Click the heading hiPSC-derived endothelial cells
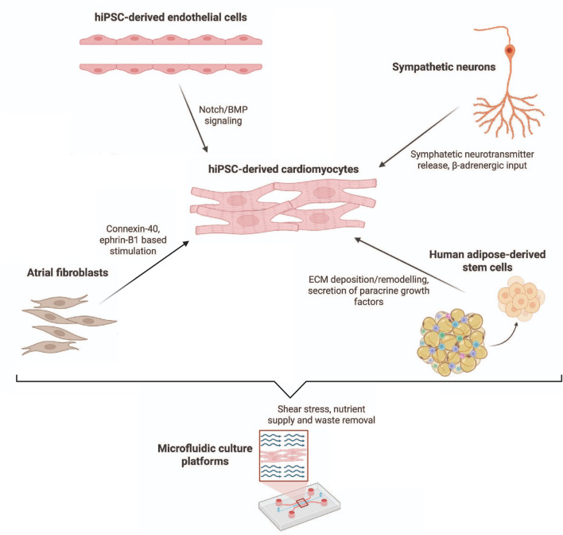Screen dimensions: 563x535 [x=170, y=18]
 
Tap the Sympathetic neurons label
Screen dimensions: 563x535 [x=444, y=67]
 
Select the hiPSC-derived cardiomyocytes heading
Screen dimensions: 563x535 [x=283, y=169]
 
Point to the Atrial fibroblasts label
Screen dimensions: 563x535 [x=68, y=272]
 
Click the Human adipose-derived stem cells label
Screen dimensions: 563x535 [x=487, y=260]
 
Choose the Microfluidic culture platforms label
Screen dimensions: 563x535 [x=205, y=455]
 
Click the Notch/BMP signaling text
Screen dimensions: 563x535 [x=223, y=115]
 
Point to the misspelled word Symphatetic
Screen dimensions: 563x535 [x=436, y=154]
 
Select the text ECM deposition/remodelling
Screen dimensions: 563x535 [x=368, y=279]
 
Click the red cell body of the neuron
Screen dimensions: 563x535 [x=509, y=51]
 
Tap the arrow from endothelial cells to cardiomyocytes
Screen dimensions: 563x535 [x=193, y=118]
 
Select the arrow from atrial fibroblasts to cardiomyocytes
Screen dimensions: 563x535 [x=144, y=272]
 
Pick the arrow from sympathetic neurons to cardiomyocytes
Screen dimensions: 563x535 [x=419, y=137]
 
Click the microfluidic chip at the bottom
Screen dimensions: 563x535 [x=300, y=505]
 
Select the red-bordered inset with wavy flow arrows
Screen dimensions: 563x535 [x=284, y=455]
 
